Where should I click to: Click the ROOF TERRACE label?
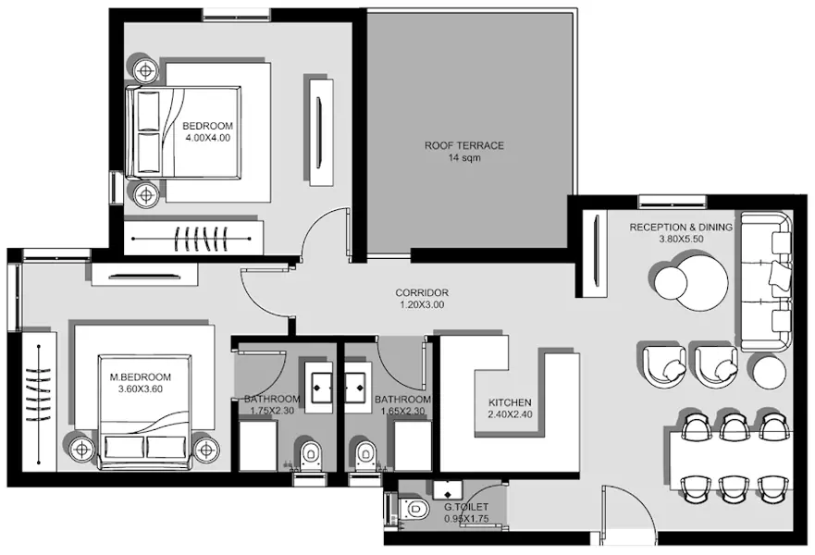coord(464,152)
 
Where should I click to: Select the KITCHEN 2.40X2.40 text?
coord(510,409)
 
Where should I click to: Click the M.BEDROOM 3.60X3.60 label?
coord(141,383)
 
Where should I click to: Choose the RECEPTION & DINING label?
coord(681,232)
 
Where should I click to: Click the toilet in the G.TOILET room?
coord(414,508)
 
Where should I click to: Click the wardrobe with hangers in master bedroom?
coord(39,405)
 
